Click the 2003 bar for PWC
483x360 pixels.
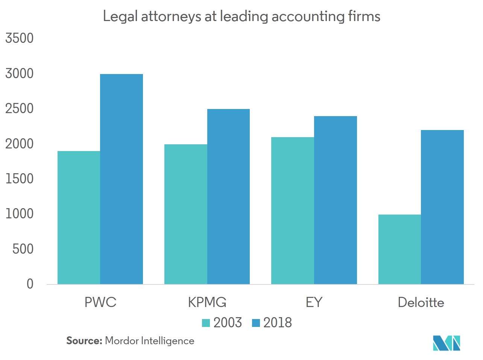click(x=79, y=218)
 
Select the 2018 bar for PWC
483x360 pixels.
click(x=122, y=179)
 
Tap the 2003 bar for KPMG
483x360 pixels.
click(x=186, y=214)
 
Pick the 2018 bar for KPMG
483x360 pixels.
click(x=228, y=197)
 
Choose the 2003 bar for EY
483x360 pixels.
click(x=293, y=210)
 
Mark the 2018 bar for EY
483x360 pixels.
click(x=336, y=200)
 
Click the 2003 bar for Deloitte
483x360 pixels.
click(x=399, y=249)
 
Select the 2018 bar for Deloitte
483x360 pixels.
click(x=442, y=207)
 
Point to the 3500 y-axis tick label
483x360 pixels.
click(x=19, y=38)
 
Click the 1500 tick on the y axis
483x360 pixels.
click(x=19, y=179)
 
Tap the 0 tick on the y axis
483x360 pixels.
click(x=30, y=284)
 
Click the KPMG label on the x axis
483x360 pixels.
click(x=207, y=303)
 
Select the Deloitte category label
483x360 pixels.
click(x=421, y=303)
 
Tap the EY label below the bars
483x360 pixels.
click(x=314, y=303)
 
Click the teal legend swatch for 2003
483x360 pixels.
click(x=206, y=323)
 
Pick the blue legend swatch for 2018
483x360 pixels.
click(x=256, y=323)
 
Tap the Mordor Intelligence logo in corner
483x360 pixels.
click(x=447, y=343)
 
